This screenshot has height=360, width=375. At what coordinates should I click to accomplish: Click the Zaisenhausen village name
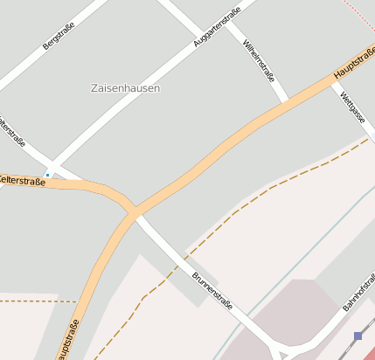(x=125, y=88)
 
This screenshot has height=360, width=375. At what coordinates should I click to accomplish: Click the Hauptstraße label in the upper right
(x=354, y=63)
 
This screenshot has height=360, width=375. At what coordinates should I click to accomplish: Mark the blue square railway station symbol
(x=358, y=336)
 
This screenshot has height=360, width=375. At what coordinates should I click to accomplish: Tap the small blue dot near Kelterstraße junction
(x=48, y=174)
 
